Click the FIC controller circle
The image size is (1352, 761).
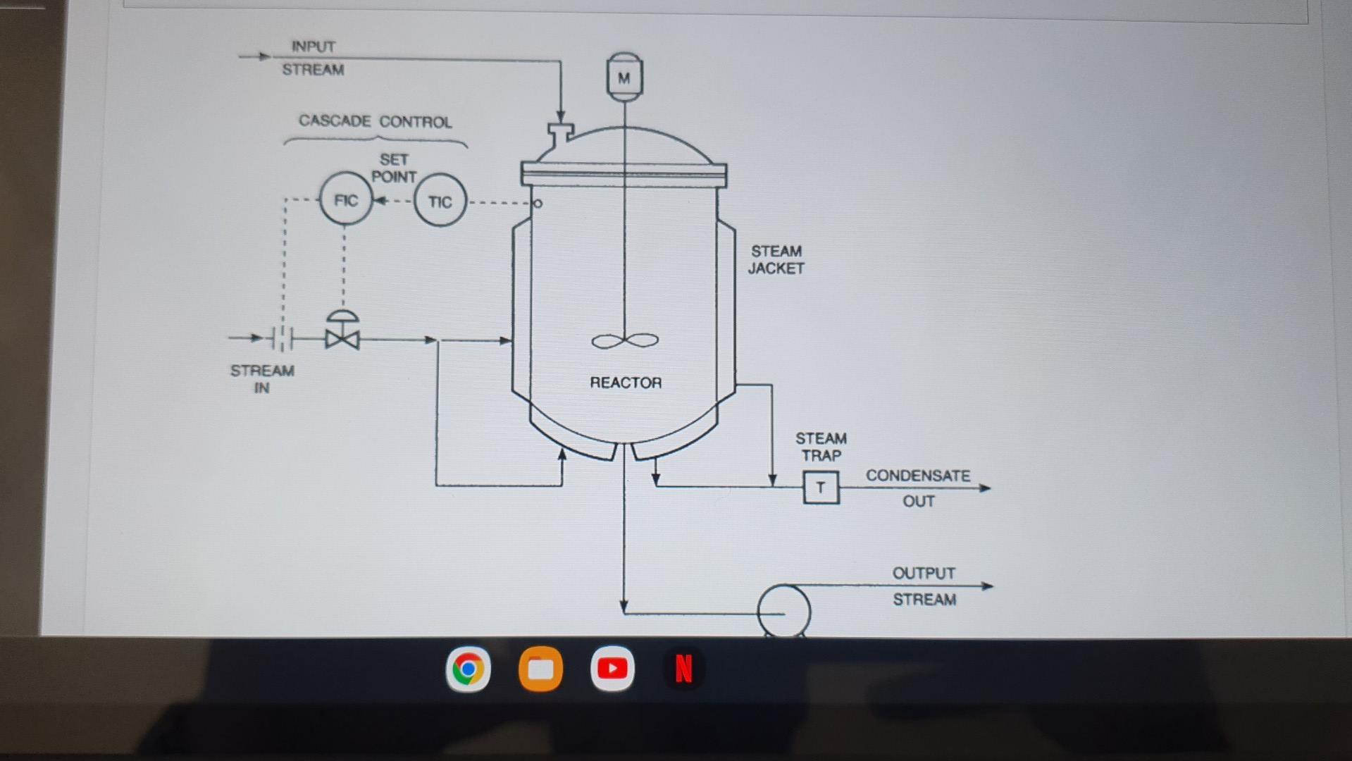pyautogui.click(x=345, y=200)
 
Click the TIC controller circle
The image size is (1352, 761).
pyautogui.click(x=440, y=202)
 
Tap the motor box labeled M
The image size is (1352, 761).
pyautogui.click(x=624, y=76)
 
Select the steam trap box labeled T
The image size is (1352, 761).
pyautogui.click(x=821, y=488)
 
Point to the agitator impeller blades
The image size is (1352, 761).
pyautogui.click(x=625, y=341)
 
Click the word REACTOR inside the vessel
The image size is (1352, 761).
pyautogui.click(x=626, y=383)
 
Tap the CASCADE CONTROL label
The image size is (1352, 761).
pyautogui.click(x=375, y=121)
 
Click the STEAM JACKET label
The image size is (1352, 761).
pyautogui.click(x=776, y=259)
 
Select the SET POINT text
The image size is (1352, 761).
pyautogui.click(x=394, y=168)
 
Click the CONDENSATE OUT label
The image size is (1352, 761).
pyautogui.click(x=918, y=488)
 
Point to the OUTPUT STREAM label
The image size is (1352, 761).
pyautogui.click(x=924, y=586)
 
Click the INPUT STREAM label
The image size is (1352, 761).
pyautogui.click(x=313, y=58)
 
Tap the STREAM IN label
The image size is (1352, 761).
pyautogui.click(x=262, y=379)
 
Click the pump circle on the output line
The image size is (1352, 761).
pyautogui.click(x=783, y=611)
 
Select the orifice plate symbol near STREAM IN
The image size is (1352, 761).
pyautogui.click(x=282, y=338)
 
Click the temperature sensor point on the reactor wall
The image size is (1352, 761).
pyautogui.click(x=538, y=204)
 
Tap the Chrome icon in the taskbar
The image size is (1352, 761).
pyautogui.click(x=468, y=669)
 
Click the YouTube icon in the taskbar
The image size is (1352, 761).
pyautogui.click(x=612, y=668)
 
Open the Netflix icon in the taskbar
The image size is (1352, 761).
pyautogui.click(x=683, y=669)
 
